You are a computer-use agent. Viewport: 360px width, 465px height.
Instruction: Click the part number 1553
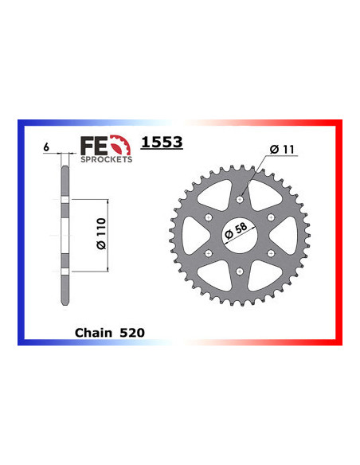pyautogui.click(x=162, y=143)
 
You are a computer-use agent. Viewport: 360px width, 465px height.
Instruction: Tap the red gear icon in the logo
pyautogui.click(x=119, y=145)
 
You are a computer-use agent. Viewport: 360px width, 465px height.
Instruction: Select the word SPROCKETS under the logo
pyautogui.click(x=105, y=158)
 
